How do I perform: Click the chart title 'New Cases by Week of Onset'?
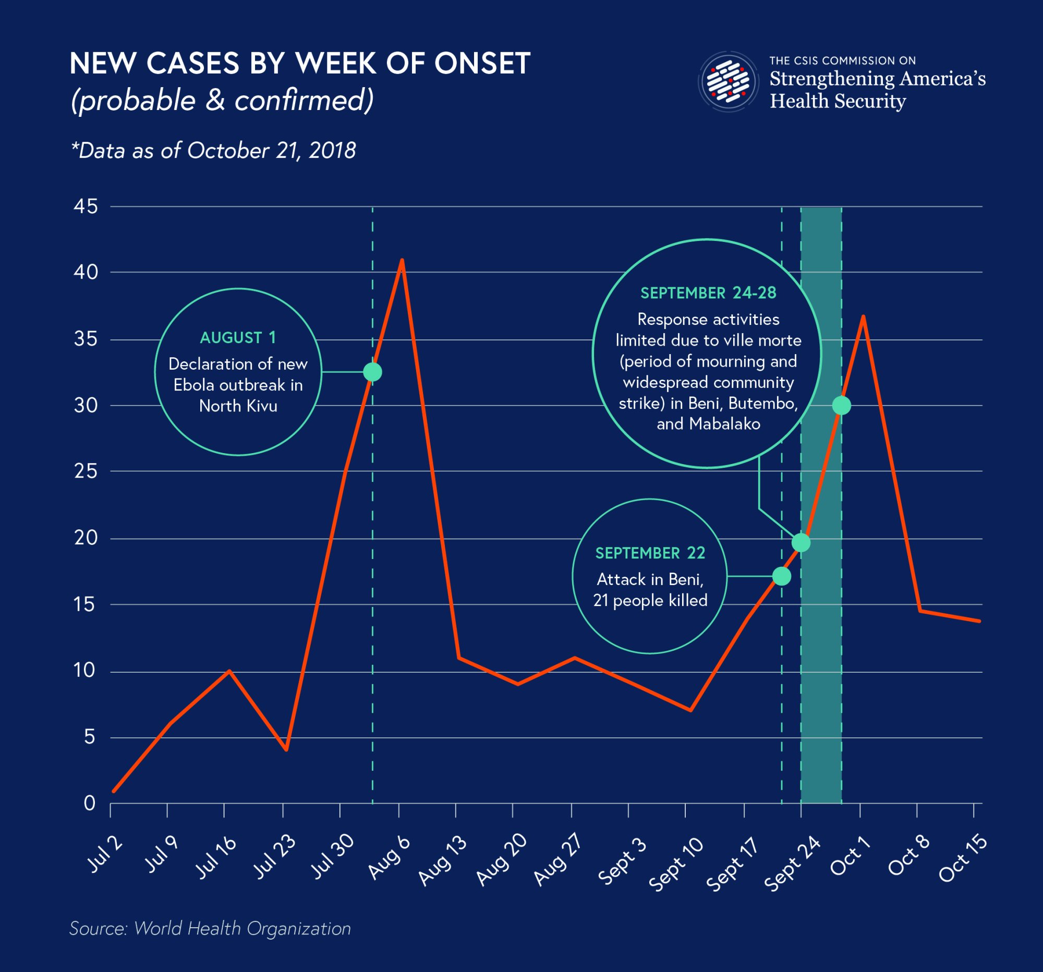(299, 64)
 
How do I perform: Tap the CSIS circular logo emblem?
(727, 82)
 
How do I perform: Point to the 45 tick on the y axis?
(86, 206)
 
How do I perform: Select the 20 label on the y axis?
(86, 538)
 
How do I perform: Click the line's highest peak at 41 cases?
(402, 260)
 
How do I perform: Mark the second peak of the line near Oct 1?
(863, 317)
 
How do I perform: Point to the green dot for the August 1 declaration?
(372, 372)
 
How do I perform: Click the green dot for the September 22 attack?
(782, 576)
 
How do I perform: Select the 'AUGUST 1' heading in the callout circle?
(238, 337)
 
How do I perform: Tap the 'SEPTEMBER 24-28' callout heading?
(708, 293)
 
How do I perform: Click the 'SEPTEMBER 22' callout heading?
(650, 553)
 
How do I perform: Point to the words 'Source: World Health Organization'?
(210, 928)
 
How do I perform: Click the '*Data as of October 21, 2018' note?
(213, 151)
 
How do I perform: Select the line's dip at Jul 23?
(286, 749)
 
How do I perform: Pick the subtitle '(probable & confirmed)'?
(223, 100)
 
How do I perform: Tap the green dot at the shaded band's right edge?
(842, 405)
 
